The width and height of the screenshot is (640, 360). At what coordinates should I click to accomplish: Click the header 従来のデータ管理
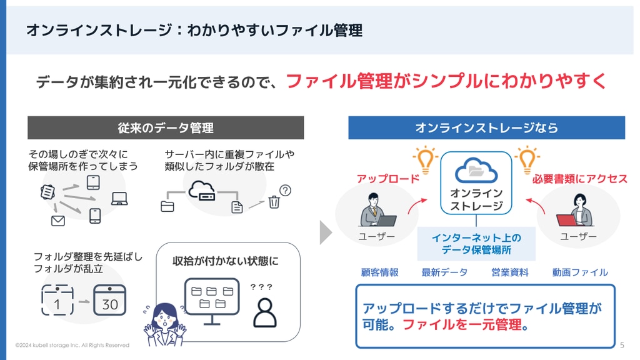[x=166, y=127]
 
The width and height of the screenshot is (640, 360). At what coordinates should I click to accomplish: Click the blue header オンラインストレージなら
[x=486, y=127]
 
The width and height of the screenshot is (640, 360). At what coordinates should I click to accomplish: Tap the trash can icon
[x=274, y=202]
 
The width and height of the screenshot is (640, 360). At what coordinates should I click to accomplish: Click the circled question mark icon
[x=285, y=190]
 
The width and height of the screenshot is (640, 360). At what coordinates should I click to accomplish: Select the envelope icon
[x=58, y=221]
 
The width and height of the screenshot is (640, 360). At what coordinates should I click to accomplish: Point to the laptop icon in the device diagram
[x=119, y=198]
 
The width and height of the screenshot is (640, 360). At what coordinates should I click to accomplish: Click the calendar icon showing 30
[x=109, y=300]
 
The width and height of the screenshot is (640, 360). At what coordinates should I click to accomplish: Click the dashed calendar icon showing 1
[x=57, y=300]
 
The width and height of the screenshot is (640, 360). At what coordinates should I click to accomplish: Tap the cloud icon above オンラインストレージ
[x=476, y=170]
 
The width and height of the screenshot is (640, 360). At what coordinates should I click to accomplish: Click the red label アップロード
[x=388, y=179]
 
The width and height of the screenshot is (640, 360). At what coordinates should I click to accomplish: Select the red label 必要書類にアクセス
[x=579, y=179]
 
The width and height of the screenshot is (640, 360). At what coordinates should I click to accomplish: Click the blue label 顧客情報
[x=379, y=272]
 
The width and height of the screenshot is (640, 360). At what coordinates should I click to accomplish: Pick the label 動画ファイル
[x=580, y=272]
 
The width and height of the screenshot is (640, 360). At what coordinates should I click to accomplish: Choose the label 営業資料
[x=510, y=272]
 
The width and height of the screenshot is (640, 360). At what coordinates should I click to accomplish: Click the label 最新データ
[x=444, y=272]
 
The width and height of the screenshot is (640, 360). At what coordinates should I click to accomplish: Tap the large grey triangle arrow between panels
[x=325, y=232]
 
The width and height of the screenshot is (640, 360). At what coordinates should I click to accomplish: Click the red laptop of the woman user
[x=566, y=220]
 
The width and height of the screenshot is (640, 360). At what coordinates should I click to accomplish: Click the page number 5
[x=622, y=345]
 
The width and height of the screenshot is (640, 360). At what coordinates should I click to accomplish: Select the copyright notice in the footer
[x=72, y=345]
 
